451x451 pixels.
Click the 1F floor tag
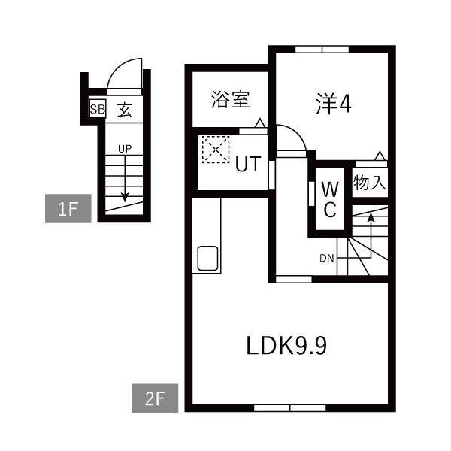[68, 208]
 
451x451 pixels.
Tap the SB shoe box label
[97, 110]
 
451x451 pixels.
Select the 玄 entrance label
[125, 110]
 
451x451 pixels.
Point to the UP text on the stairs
[125, 148]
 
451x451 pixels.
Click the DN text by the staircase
[326, 259]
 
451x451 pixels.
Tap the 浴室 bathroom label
[231, 99]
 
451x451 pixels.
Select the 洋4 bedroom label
[333, 104]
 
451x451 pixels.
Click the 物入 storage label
[370, 182]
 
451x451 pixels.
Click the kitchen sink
[207, 258]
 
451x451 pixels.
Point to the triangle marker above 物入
[380, 156]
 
